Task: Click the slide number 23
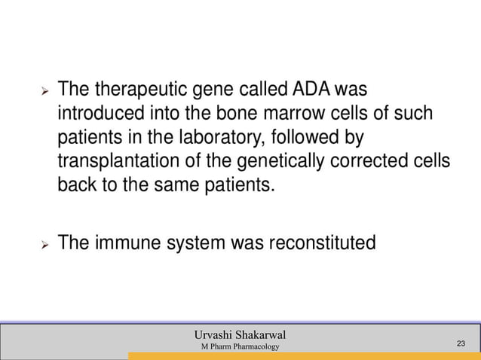tap(462, 344)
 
